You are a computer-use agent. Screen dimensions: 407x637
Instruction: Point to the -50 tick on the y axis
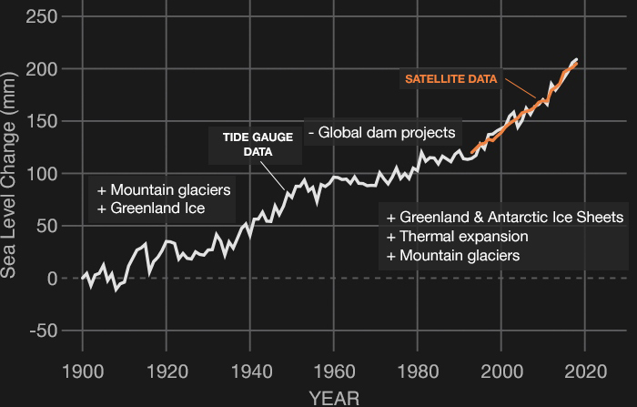point(42,331)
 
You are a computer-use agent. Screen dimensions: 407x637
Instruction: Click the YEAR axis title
point(333,397)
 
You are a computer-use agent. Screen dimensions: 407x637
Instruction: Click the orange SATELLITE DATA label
point(451,79)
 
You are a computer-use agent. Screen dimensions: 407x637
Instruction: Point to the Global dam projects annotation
point(381,133)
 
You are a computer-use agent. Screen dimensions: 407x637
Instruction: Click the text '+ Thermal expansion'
point(457,237)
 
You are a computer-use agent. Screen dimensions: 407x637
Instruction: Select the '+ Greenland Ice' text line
point(151,209)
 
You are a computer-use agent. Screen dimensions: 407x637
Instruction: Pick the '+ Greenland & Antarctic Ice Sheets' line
point(505,218)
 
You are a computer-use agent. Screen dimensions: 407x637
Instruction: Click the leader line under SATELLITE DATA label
point(521,89)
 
